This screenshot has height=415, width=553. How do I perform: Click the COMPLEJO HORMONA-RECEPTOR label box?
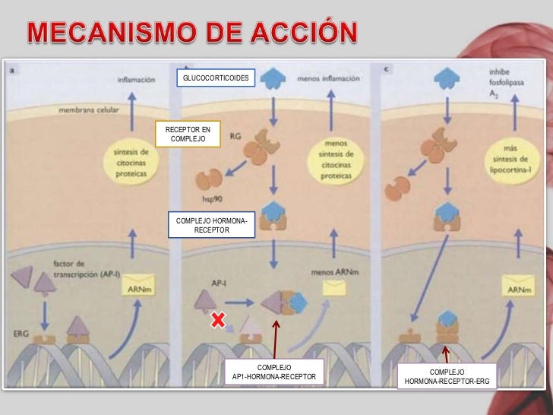tap(211, 225)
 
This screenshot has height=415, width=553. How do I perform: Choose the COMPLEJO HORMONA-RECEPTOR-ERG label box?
tap(447, 376)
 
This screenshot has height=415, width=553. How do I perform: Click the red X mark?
tap(218, 322)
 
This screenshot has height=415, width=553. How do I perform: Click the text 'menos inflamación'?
tap(327, 78)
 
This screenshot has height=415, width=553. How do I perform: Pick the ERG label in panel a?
tap(22, 334)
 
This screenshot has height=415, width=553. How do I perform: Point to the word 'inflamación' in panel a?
tap(137, 78)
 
